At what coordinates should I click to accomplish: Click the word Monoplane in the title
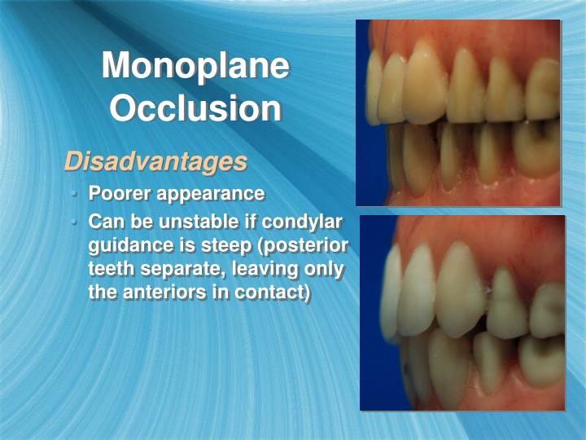[x=195, y=66]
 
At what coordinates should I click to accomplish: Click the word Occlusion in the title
[x=195, y=108]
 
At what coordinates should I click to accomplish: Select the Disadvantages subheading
[x=155, y=161]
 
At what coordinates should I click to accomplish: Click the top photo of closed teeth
[x=458, y=112]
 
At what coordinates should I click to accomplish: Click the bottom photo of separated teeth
[x=461, y=313]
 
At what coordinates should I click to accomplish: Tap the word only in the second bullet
[x=323, y=269]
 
